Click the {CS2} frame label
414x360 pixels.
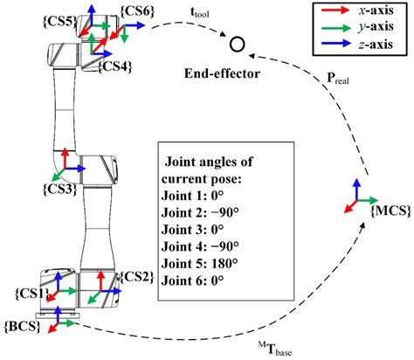coord(137,278)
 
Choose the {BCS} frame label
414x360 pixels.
coord(22,324)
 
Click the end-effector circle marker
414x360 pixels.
coord(235,44)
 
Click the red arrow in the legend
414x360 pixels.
coord(334,16)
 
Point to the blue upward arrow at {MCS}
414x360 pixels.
coord(355,188)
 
